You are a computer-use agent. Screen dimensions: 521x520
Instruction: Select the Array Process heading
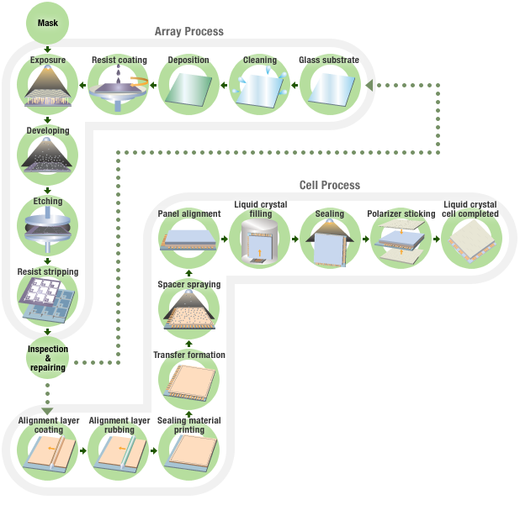(188, 31)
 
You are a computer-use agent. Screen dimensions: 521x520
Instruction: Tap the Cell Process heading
(329, 185)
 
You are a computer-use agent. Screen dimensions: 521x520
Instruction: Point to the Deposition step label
(188, 61)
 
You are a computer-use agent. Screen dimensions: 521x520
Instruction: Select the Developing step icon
(48, 156)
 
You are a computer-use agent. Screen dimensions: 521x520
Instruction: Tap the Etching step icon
(48, 227)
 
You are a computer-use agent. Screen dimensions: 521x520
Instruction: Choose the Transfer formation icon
(188, 383)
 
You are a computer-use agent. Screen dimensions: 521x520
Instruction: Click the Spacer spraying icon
(188, 313)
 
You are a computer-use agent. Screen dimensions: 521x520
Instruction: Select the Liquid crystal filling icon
(259, 240)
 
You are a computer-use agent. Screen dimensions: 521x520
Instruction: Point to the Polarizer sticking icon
(401, 241)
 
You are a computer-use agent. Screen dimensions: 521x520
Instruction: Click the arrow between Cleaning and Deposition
(225, 85)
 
